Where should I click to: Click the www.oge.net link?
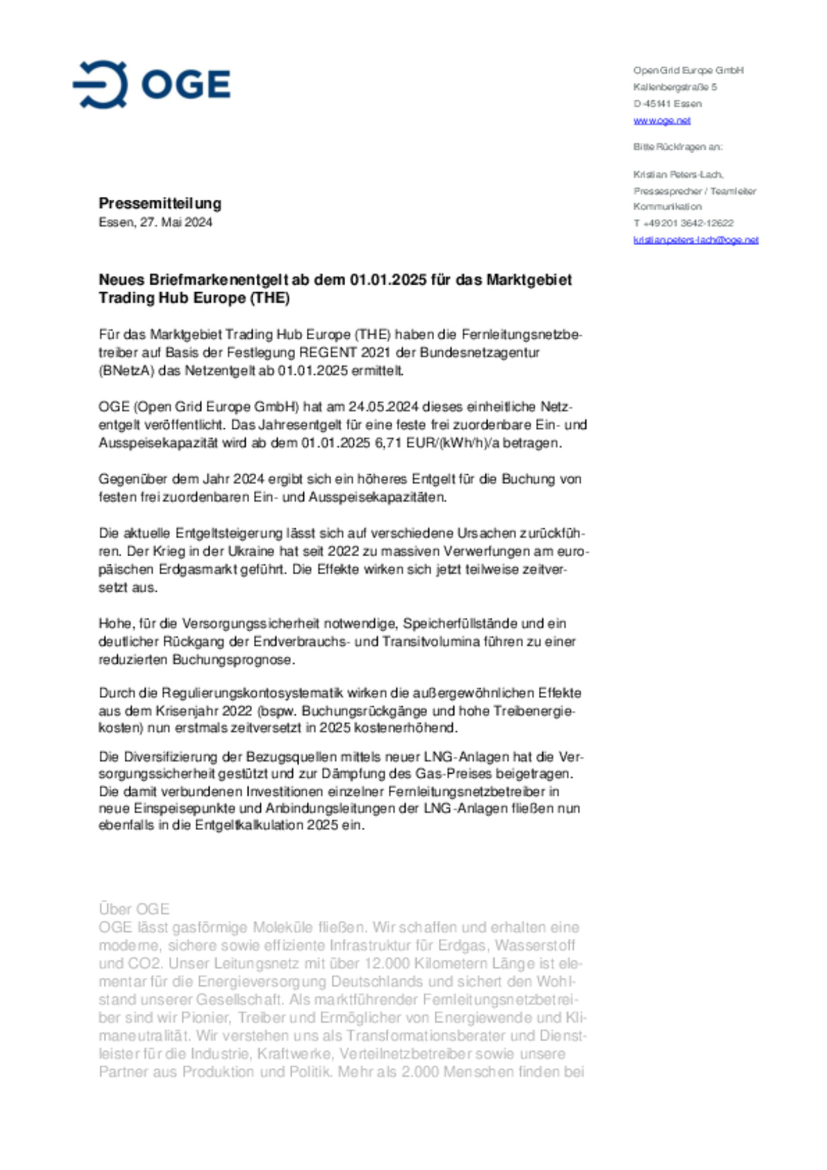click(x=662, y=121)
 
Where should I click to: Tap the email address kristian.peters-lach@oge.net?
click(x=695, y=240)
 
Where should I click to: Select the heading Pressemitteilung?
click(x=160, y=203)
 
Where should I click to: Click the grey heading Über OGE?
click(x=134, y=909)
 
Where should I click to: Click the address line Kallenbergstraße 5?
click(x=675, y=87)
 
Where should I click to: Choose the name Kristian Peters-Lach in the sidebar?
click(x=678, y=174)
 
